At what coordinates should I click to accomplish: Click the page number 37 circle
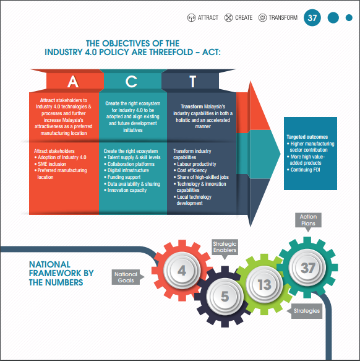coord(312,18)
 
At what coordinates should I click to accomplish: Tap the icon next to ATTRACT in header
coord(191,18)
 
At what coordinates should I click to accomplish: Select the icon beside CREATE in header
coord(228,18)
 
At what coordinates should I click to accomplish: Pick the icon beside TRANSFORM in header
coord(262,18)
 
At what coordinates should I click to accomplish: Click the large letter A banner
coord(73,81)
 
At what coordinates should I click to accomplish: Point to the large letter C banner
coord(132,81)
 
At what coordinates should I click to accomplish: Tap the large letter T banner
coord(192,81)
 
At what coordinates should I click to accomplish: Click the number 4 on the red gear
coord(182,271)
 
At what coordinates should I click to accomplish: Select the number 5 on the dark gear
coord(225,297)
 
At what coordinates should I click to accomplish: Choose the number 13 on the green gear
coord(265,285)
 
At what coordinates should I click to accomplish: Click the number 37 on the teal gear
coord(308,267)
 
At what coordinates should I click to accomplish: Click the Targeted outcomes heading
coord(307,137)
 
